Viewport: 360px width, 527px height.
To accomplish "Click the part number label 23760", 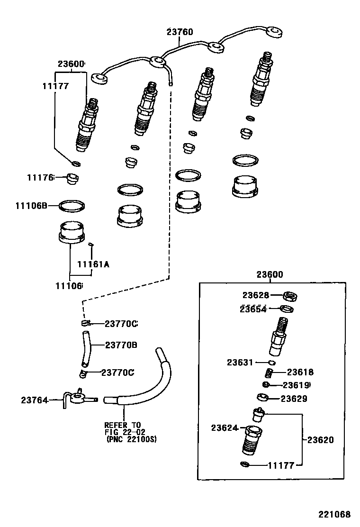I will tap(180, 32).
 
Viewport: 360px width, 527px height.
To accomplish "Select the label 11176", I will tap(40, 177).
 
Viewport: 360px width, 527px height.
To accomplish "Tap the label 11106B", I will tap(31, 206).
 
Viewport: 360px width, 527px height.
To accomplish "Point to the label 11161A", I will tap(93, 264).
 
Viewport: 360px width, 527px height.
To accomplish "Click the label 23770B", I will tap(121, 345).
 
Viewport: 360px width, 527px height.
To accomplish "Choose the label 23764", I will tap(35, 400).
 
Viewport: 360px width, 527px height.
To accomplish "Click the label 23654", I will tap(254, 309).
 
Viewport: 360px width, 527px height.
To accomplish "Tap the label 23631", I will tap(241, 363).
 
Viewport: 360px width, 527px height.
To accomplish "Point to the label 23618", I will tap(300, 373).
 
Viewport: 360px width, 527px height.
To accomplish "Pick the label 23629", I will tap(294, 399).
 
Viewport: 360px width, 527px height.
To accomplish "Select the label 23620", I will tap(321, 440).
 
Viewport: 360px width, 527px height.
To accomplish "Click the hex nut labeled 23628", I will tap(290, 296).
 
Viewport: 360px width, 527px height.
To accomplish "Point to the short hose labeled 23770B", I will tap(85, 349).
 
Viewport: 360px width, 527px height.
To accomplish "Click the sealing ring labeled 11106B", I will tap(72, 206).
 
